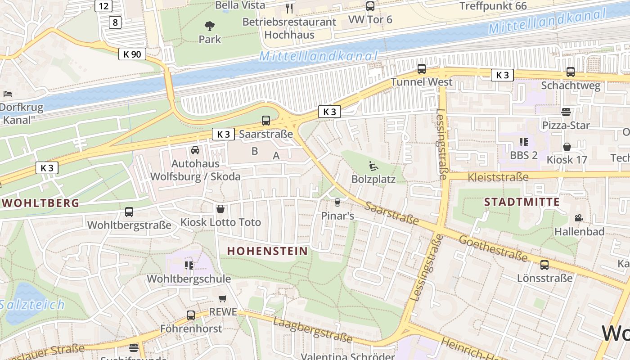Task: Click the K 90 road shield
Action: click(x=132, y=54)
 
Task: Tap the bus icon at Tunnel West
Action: click(x=422, y=69)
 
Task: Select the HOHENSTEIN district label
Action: click(x=267, y=251)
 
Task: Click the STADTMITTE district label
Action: click(x=522, y=202)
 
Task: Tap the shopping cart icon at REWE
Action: click(x=222, y=298)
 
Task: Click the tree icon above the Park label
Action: click(x=210, y=26)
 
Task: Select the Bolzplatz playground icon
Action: click(x=373, y=166)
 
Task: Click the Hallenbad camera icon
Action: click(x=579, y=218)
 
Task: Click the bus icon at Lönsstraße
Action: click(x=544, y=265)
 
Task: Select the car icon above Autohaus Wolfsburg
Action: click(x=195, y=150)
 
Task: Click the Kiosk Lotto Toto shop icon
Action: click(x=220, y=209)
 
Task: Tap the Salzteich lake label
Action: click(x=32, y=305)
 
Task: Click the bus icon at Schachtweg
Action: click(x=571, y=72)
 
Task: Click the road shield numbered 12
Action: click(x=103, y=6)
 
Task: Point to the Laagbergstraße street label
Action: click(x=312, y=330)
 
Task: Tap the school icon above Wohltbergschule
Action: click(x=189, y=265)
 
